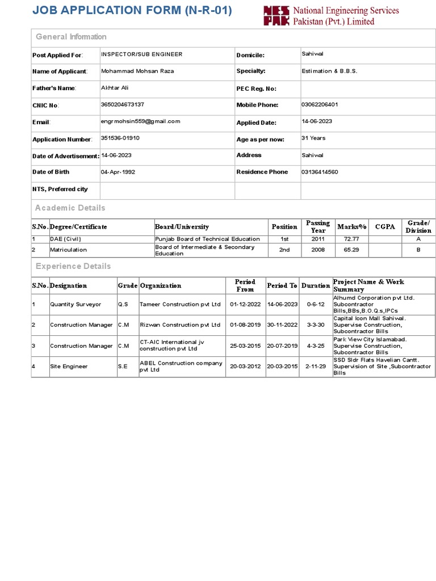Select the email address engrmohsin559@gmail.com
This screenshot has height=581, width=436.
(140, 121)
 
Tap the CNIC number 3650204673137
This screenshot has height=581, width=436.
(122, 104)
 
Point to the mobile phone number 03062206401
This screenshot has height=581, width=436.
(320, 104)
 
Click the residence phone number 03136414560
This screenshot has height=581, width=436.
(320, 172)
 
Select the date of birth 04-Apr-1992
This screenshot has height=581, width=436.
(118, 172)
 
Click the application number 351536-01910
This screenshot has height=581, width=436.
(120, 138)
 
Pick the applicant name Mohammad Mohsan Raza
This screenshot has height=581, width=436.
(137, 71)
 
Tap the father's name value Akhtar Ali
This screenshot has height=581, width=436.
(115, 88)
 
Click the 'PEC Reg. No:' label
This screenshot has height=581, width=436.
(256, 89)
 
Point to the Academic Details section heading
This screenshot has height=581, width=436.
(70, 208)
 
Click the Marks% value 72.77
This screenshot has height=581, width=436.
(351, 239)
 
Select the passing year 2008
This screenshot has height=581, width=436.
(318, 250)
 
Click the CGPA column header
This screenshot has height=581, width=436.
(385, 227)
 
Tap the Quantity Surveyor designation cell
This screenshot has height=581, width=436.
(76, 305)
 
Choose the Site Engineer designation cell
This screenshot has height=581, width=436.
(69, 367)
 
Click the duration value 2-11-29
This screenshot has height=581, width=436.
(315, 367)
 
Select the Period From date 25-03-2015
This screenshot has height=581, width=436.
(245, 346)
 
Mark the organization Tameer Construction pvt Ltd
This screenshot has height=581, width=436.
(180, 305)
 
